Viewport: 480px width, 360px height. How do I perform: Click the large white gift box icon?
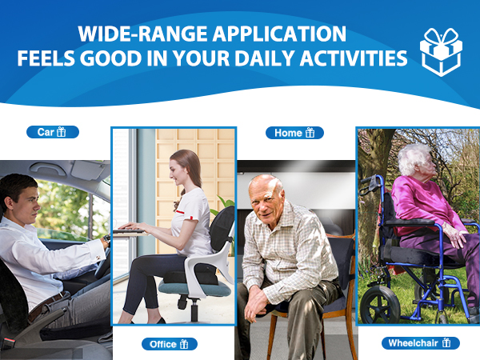pos(441,52)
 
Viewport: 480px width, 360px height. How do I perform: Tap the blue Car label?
pos(53,132)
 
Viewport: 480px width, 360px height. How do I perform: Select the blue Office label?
pos(170,344)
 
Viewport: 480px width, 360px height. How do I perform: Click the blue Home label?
pos(294,133)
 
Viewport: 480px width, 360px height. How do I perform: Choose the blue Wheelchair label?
pos(421,343)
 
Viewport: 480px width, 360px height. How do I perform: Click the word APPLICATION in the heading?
pos(279,34)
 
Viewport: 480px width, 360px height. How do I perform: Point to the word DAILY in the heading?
pos(265,58)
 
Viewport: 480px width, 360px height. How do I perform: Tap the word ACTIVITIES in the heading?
pos(354,58)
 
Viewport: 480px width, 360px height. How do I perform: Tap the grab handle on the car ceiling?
pos(47,168)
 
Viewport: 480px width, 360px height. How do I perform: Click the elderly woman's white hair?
pos(412,159)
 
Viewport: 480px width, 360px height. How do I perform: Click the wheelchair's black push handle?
pos(371,185)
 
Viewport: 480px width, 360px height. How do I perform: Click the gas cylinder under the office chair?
pos(194,310)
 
